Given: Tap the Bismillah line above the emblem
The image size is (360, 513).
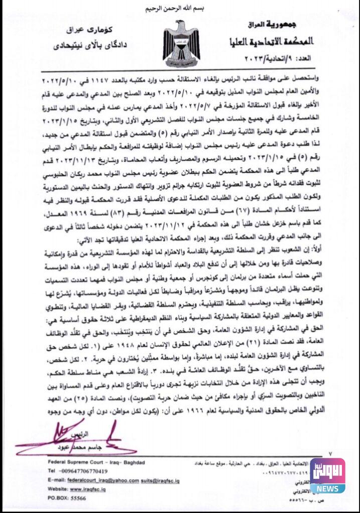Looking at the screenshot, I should point(179,9).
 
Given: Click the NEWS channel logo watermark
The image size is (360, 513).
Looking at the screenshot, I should point(327,475).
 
